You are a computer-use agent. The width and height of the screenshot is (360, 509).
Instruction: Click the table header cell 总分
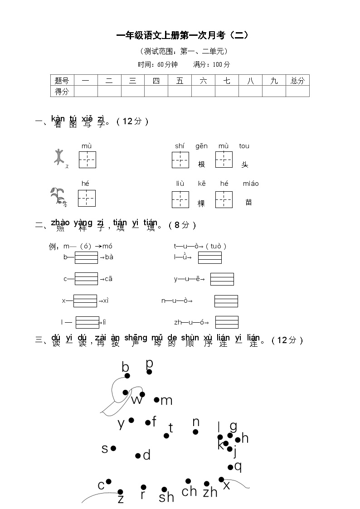click(297, 81)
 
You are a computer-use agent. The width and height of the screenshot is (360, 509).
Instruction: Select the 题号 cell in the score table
click(62, 81)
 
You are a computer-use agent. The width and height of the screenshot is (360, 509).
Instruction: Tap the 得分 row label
click(62, 92)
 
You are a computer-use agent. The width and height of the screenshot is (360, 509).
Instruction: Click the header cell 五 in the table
click(180, 81)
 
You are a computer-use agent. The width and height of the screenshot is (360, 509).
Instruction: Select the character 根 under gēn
click(202, 164)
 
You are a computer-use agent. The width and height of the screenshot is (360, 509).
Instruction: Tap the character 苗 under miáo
click(248, 202)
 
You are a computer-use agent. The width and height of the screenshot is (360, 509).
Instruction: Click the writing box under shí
click(180, 160)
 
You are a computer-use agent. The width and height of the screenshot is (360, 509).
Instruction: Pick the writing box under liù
click(180, 199)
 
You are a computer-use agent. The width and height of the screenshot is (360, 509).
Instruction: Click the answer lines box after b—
click(86, 257)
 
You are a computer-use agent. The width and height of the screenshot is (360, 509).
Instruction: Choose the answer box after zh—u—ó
click(227, 322)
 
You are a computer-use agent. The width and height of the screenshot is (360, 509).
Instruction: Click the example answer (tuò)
click(216, 246)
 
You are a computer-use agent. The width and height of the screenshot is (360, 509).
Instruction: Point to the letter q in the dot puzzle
click(238, 465)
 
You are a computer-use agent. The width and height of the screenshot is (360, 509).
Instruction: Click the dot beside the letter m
click(156, 400)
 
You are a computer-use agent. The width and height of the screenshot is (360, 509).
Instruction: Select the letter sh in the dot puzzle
click(166, 498)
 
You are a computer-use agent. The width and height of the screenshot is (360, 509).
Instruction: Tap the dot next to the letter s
click(113, 448)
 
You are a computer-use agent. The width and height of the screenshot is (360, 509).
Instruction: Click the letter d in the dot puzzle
click(146, 455)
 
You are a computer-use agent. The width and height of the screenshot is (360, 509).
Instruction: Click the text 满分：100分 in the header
click(212, 64)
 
